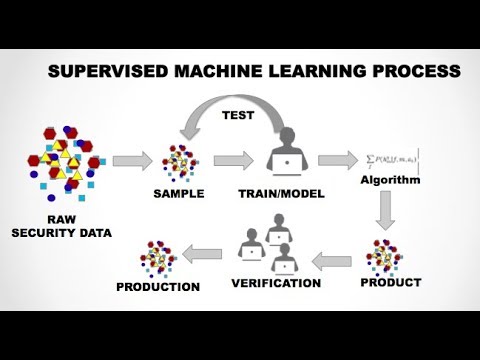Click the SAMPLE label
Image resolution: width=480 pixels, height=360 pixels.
coord(180,192)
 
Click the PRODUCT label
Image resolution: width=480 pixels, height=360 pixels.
coord(389,282)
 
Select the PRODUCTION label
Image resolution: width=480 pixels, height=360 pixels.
coord(158,287)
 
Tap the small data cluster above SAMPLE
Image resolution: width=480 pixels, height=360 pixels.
coord(180,159)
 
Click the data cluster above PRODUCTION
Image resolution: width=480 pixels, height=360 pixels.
coord(159,257)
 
